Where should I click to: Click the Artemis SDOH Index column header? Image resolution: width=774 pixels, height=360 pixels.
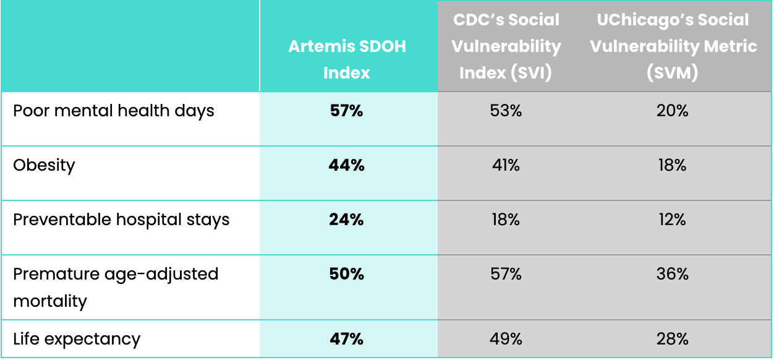click(347, 59)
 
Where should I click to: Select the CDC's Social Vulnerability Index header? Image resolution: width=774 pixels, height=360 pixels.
click(506, 46)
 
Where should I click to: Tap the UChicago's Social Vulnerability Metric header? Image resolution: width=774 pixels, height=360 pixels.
click(673, 46)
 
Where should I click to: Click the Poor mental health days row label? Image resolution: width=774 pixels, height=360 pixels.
click(114, 111)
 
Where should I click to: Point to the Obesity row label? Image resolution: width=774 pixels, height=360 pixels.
click(44, 165)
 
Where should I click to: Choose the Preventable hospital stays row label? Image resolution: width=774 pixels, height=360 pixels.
click(121, 220)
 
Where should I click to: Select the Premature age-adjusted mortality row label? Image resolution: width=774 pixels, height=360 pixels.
click(116, 287)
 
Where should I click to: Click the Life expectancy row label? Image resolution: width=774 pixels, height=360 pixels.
click(77, 339)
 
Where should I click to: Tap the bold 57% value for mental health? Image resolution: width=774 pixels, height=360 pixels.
click(347, 111)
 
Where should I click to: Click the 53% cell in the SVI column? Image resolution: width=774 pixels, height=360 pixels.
click(506, 111)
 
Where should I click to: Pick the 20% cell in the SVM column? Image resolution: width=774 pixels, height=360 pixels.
click(673, 111)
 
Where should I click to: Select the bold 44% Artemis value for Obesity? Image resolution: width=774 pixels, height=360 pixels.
click(347, 165)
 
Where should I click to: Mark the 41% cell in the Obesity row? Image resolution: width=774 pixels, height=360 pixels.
click(506, 165)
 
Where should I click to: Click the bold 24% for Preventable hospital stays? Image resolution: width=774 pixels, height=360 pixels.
click(347, 220)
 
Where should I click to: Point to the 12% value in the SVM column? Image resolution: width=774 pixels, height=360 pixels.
click(673, 220)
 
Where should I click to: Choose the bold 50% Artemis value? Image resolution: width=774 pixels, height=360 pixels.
click(347, 274)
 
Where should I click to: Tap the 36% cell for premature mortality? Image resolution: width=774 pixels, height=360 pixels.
click(673, 274)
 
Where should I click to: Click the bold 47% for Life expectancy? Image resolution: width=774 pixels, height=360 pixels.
click(347, 339)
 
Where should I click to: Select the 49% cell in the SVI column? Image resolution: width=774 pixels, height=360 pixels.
click(506, 339)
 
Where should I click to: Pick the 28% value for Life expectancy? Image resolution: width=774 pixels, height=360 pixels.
click(673, 339)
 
